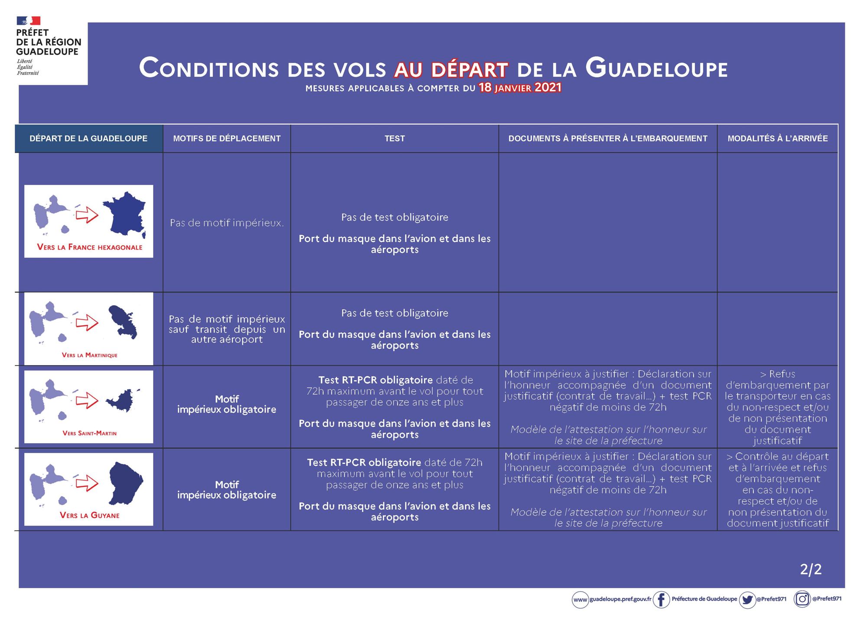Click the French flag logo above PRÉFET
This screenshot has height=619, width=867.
(29, 21)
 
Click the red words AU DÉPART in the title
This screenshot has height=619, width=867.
(451, 69)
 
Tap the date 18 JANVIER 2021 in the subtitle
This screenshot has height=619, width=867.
(520, 88)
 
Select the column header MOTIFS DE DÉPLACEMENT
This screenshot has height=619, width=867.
(227, 138)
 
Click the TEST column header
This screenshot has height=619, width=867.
(394, 138)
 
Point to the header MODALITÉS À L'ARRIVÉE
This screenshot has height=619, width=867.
(777, 138)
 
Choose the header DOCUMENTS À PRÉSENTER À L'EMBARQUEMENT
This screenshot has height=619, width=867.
(608, 138)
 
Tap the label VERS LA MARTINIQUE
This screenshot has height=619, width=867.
(90, 355)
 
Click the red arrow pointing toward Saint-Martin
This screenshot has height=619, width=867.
(87, 400)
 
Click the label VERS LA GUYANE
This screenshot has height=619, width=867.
(90, 515)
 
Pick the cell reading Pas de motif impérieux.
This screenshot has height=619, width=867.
(227, 223)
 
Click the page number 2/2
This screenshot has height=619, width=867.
(811, 569)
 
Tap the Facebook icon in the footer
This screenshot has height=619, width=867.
(661, 599)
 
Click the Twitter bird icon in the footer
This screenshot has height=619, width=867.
(747, 599)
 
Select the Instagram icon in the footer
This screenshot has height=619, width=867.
(802, 599)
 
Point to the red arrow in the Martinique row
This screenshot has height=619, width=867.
(87, 323)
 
